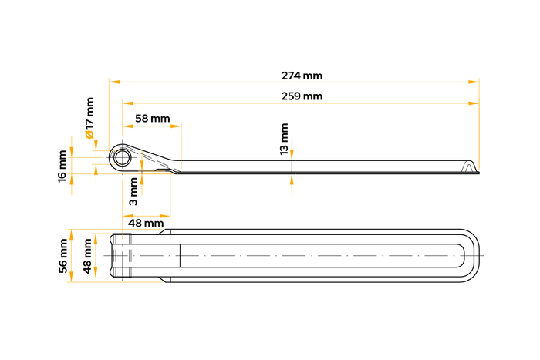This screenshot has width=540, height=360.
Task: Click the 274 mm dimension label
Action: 302,76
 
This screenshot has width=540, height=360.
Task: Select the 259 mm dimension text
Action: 302,96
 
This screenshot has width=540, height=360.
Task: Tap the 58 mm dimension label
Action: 153,119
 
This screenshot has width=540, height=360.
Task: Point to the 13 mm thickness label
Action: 284,139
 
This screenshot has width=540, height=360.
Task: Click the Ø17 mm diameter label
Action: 89,118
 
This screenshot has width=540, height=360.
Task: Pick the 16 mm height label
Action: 62,167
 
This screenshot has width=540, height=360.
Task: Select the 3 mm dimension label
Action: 133,191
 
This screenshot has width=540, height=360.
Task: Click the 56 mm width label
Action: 63,256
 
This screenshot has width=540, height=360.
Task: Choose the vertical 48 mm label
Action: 87,256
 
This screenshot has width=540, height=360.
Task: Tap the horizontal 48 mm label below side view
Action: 146,224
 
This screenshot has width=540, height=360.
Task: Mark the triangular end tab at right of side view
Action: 469,167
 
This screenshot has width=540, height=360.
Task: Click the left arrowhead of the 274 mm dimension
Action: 115,82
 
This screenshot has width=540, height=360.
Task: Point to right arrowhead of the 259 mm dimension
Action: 474,103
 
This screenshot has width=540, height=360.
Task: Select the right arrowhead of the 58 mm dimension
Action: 176,126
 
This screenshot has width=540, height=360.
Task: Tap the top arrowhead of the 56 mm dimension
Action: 71,234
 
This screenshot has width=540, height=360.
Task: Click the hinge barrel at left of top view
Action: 121,256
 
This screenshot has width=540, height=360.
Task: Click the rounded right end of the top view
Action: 472,256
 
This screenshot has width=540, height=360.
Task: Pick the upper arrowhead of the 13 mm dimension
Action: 292,155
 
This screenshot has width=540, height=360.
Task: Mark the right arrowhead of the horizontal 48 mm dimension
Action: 165,217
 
